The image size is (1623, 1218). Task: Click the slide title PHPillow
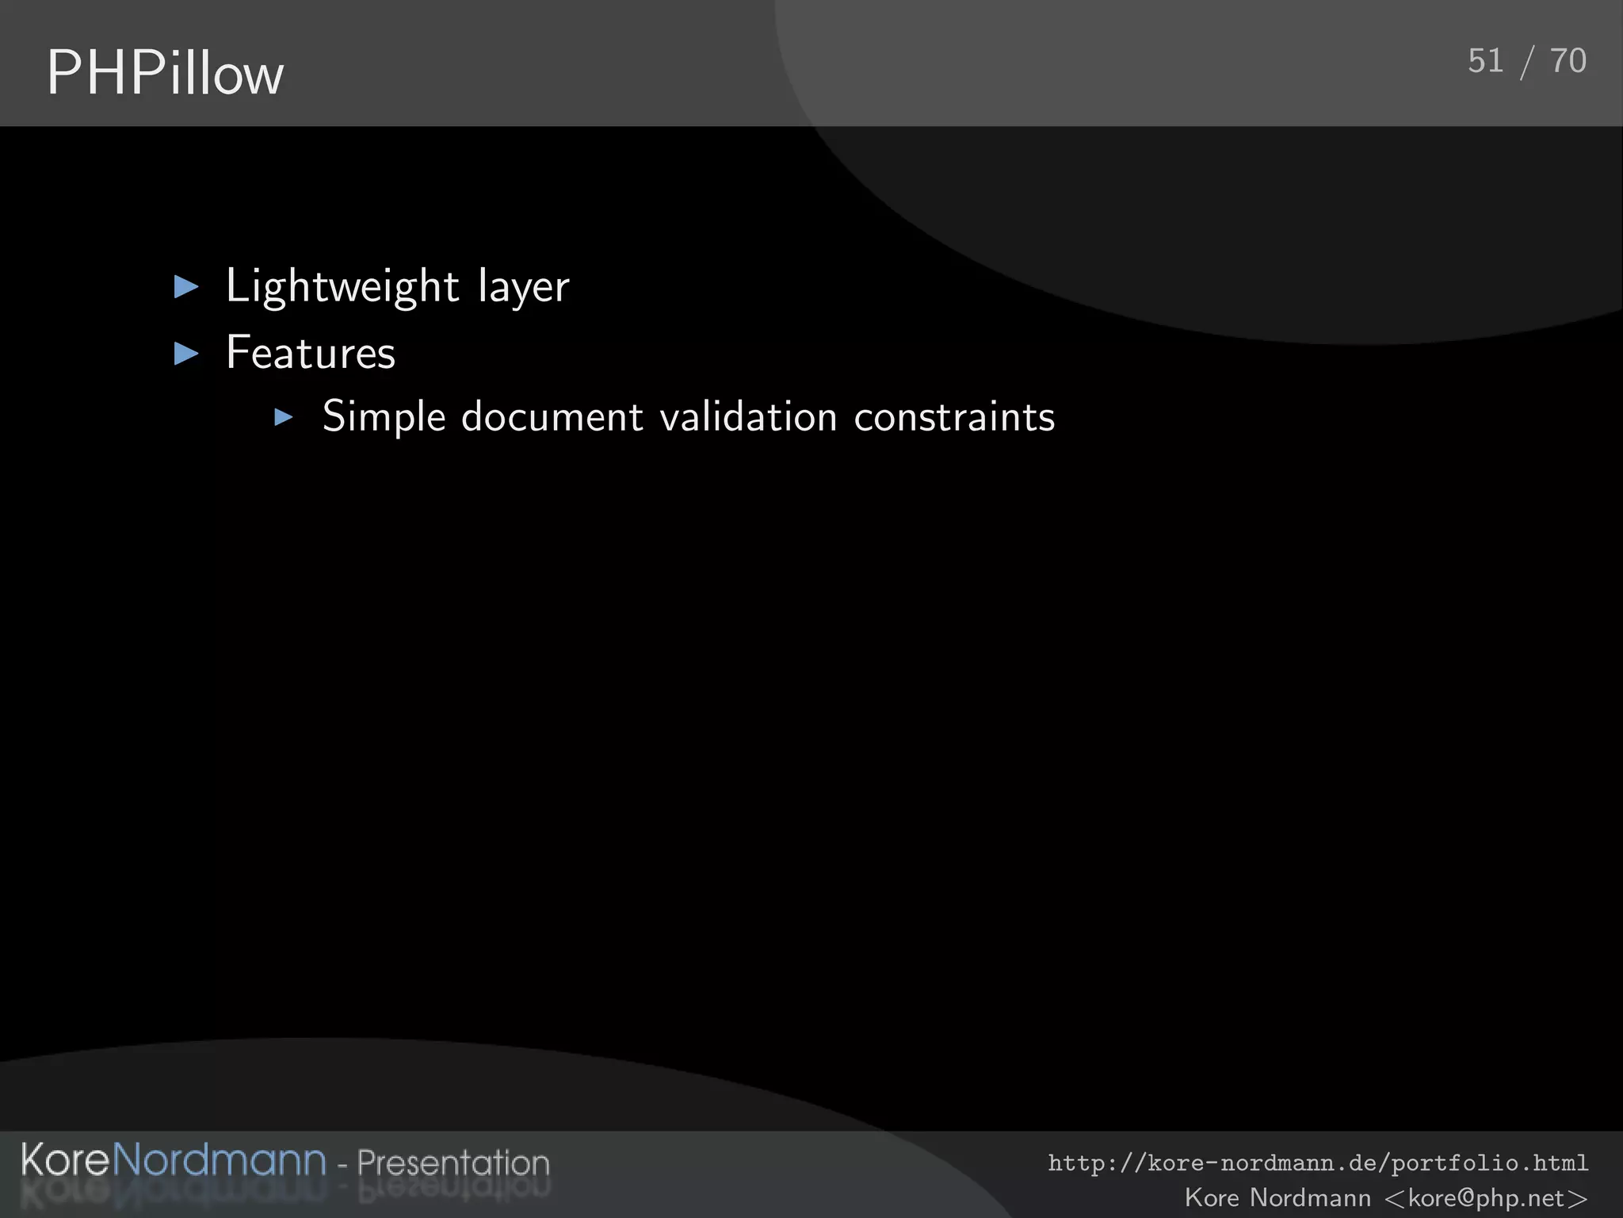point(165,73)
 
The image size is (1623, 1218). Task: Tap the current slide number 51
point(1485,61)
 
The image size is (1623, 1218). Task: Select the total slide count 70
point(1568,61)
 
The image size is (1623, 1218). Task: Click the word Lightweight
point(342,286)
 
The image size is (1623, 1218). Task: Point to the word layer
point(524,288)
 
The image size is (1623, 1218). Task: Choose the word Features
point(311,353)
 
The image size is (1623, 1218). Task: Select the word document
point(552,417)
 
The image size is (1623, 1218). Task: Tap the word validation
point(748,417)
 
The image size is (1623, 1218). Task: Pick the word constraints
point(954,417)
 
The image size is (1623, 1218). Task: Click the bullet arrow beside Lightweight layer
point(186,286)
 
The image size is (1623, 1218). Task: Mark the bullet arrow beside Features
point(186,354)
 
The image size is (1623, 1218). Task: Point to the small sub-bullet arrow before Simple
point(284,417)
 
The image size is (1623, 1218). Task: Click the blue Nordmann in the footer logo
point(220,1160)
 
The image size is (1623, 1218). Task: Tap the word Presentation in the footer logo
point(453,1162)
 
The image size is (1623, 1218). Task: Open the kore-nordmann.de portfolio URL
point(1318,1163)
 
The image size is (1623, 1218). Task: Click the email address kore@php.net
point(1486,1197)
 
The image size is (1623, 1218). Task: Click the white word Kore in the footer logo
point(65,1160)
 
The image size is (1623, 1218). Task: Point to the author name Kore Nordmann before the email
point(1277,1197)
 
